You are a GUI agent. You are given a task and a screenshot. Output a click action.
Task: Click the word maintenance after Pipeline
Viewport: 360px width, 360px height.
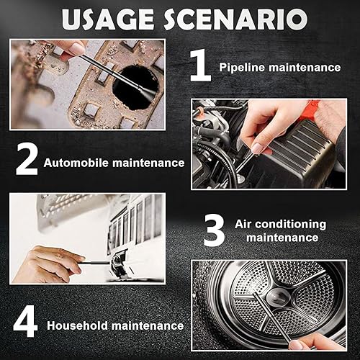click(302, 68)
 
